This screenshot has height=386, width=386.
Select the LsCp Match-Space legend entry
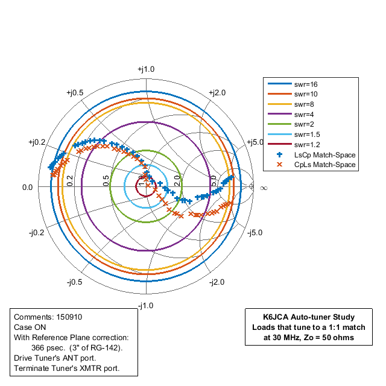(x=324, y=154)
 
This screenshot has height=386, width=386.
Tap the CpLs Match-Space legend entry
(x=324, y=164)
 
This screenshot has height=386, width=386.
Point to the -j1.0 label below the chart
(x=145, y=306)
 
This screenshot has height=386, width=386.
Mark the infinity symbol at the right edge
(x=263, y=188)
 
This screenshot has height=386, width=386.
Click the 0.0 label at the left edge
(x=27, y=188)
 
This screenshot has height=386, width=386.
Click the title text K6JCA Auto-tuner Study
(x=309, y=317)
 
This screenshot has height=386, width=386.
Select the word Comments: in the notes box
(x=34, y=317)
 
